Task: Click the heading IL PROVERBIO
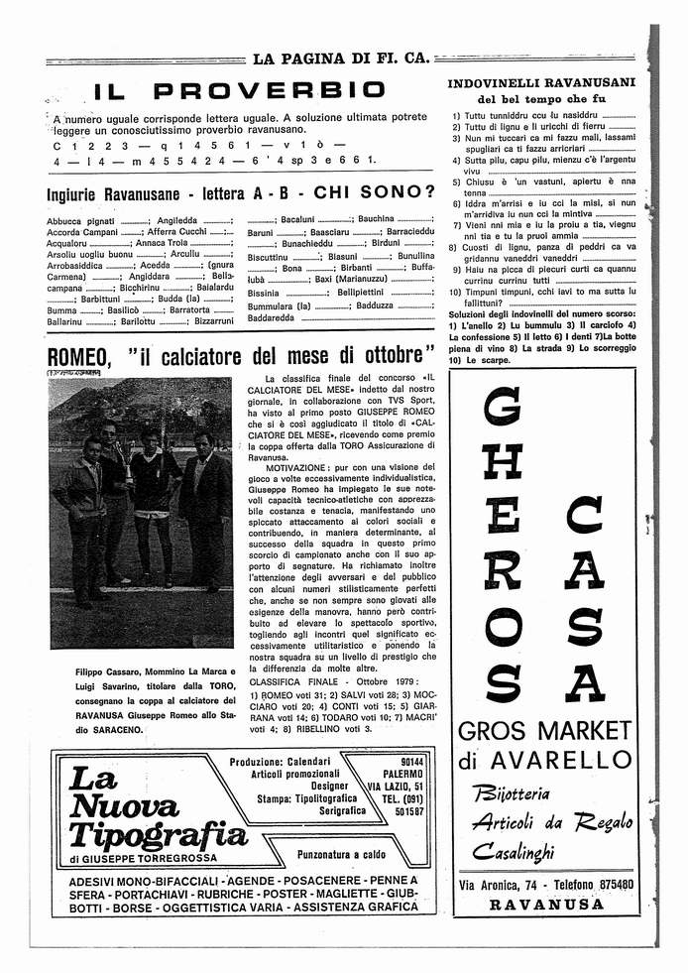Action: tap(240, 92)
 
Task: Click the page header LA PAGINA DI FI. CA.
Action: tap(341, 58)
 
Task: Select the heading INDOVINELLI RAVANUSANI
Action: tap(541, 83)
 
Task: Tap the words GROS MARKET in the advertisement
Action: tap(545, 732)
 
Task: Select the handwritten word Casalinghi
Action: tap(513, 850)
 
